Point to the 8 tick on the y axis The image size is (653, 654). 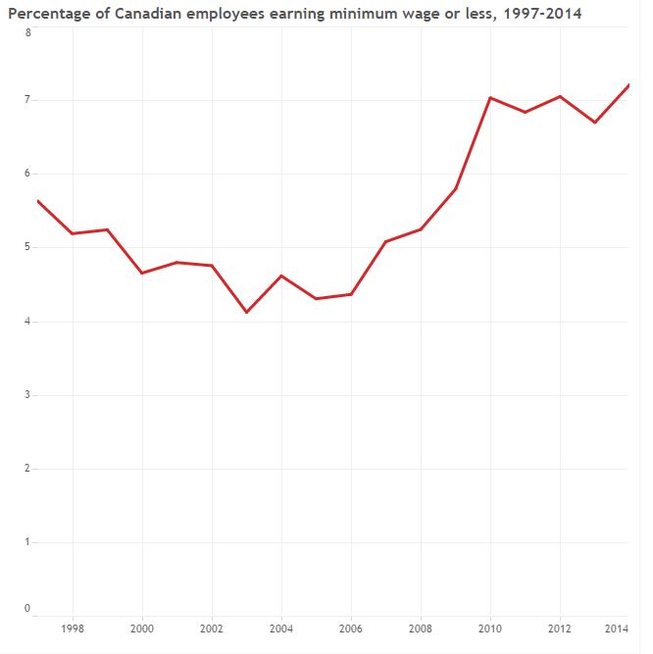[x=27, y=32]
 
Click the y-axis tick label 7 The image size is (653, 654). [x=27, y=100]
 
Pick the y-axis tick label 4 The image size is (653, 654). [x=27, y=322]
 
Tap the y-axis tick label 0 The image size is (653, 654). [x=27, y=609]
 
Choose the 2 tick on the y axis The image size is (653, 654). [x=27, y=469]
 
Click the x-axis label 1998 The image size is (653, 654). [x=73, y=628]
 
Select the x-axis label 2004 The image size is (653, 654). [x=281, y=628]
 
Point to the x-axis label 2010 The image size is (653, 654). [x=490, y=628]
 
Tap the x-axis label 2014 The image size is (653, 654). [x=617, y=628]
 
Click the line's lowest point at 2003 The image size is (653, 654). [x=246, y=312]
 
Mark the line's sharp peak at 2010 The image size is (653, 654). [x=490, y=98]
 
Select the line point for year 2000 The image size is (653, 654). [x=142, y=273]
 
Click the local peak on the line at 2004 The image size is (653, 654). [x=281, y=276]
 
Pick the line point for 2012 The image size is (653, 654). [x=560, y=96]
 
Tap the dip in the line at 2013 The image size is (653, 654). [x=594, y=123]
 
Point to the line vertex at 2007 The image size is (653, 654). [x=385, y=241]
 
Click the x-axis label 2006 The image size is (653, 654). [x=351, y=628]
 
